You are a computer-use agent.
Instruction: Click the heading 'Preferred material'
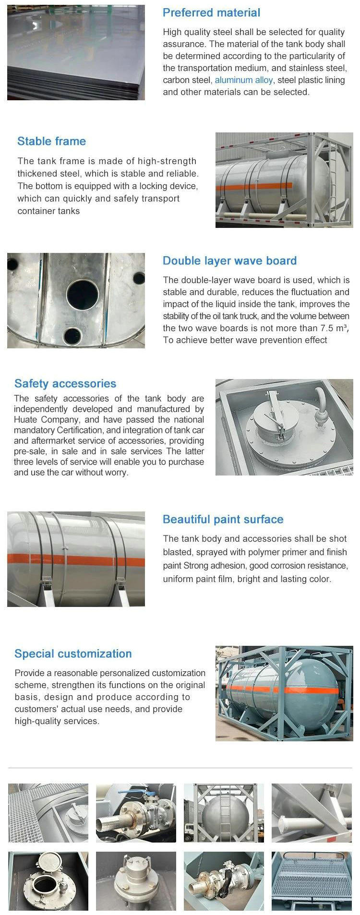coord(211,13)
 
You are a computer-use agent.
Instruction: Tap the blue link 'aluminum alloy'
coord(243,80)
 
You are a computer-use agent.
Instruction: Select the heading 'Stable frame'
coord(51,142)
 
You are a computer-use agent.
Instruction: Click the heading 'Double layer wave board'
coord(229,261)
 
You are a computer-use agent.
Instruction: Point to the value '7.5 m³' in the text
coord(334,328)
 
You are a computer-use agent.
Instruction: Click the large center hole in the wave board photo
coord(82,294)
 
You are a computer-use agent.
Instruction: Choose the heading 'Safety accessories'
coord(65,384)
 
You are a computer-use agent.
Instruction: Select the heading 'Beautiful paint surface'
coord(223,520)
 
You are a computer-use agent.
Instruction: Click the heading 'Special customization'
coord(73,654)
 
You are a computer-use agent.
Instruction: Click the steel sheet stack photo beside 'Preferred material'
coord(76,52)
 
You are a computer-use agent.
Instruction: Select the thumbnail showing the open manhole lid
coord(48,881)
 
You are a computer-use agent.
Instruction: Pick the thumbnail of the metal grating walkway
coord(312,881)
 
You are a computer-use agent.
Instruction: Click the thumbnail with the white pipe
coord(312,813)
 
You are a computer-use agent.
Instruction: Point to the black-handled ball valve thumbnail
coord(224,881)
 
